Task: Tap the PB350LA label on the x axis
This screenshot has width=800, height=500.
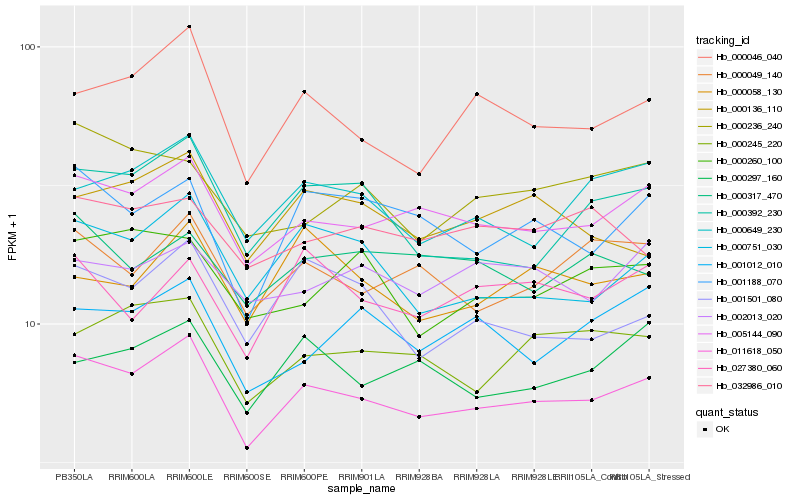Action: pos(74,477)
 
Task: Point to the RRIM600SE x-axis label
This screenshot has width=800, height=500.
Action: pos(246,477)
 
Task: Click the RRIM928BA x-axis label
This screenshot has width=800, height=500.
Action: pos(419,477)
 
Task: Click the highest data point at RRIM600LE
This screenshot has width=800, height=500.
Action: pos(189,26)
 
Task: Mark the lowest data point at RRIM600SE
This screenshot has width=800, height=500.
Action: pos(246,447)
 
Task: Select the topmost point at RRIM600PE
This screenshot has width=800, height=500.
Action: pos(304,92)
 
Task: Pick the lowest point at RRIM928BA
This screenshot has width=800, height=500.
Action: pos(419,416)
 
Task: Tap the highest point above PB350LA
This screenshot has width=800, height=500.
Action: pos(74,94)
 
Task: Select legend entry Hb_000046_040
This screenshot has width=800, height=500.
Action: pos(748,57)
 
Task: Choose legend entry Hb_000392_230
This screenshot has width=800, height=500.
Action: pos(748,213)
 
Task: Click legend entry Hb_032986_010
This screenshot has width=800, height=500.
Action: pos(748,385)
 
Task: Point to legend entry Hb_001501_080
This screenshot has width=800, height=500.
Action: pos(748,299)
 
